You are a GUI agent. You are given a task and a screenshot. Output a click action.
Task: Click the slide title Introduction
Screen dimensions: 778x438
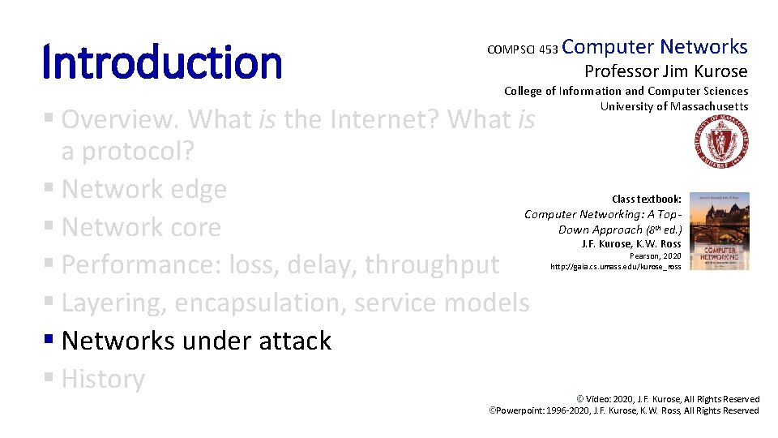pyautogui.click(x=162, y=62)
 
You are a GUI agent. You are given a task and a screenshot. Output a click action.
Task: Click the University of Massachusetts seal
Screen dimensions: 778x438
pyautogui.click(x=721, y=141)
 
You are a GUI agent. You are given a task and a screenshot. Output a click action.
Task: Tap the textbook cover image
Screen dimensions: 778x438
pyautogui.click(x=720, y=231)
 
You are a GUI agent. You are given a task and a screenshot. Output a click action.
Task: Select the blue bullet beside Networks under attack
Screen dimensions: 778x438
pyautogui.click(x=49, y=339)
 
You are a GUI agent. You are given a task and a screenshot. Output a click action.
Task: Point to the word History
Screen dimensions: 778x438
pyautogui.click(x=103, y=380)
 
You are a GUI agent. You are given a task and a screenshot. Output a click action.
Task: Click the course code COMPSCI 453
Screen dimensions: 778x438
pyautogui.click(x=523, y=49)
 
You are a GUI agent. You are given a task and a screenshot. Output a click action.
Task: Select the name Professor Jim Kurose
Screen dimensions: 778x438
pyautogui.click(x=666, y=71)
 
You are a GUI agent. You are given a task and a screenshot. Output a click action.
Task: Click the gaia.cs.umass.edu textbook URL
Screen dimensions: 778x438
pyautogui.click(x=615, y=267)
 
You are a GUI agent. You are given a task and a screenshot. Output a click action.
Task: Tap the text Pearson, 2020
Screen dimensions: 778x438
pyautogui.click(x=655, y=256)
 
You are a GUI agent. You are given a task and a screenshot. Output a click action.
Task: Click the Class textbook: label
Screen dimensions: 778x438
pyautogui.click(x=647, y=200)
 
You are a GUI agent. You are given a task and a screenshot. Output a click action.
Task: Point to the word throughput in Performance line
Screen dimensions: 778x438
pyautogui.click(x=432, y=265)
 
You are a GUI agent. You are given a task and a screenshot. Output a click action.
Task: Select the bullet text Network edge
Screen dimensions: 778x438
pyautogui.click(x=144, y=189)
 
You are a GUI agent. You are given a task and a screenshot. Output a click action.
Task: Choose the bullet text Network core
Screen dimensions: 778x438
pyautogui.click(x=141, y=227)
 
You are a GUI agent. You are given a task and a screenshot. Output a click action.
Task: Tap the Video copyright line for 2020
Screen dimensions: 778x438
pyautogui.click(x=668, y=399)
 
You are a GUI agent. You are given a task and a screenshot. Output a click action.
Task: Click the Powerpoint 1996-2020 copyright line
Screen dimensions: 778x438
pyautogui.click(x=624, y=410)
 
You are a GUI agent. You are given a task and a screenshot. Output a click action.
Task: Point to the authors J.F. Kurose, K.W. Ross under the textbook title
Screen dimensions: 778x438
pyautogui.click(x=631, y=244)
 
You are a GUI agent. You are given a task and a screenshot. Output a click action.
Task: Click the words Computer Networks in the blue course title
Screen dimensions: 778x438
pyautogui.click(x=655, y=47)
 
